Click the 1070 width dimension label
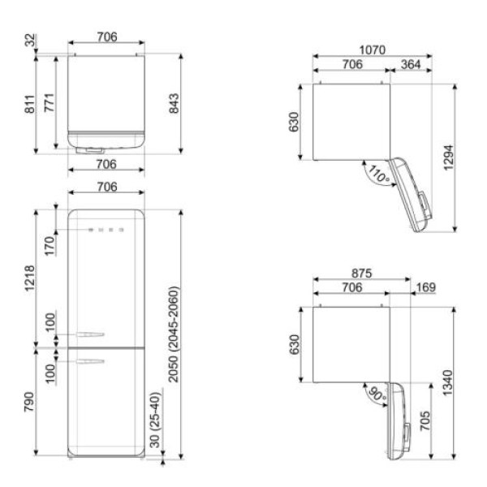(x=372, y=50)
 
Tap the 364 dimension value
(x=411, y=64)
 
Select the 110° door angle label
(x=378, y=175)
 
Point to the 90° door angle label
(x=377, y=394)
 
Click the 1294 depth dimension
(x=448, y=157)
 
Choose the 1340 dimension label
(x=447, y=382)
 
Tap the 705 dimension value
(x=425, y=420)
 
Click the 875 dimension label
(x=361, y=274)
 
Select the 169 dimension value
(x=426, y=287)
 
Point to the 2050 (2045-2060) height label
(x=174, y=334)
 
